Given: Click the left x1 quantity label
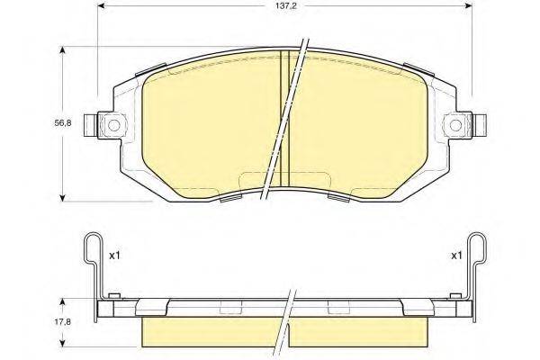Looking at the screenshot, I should pyautogui.click(x=114, y=256).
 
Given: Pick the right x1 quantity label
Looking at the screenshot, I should pyautogui.click(x=456, y=256).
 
